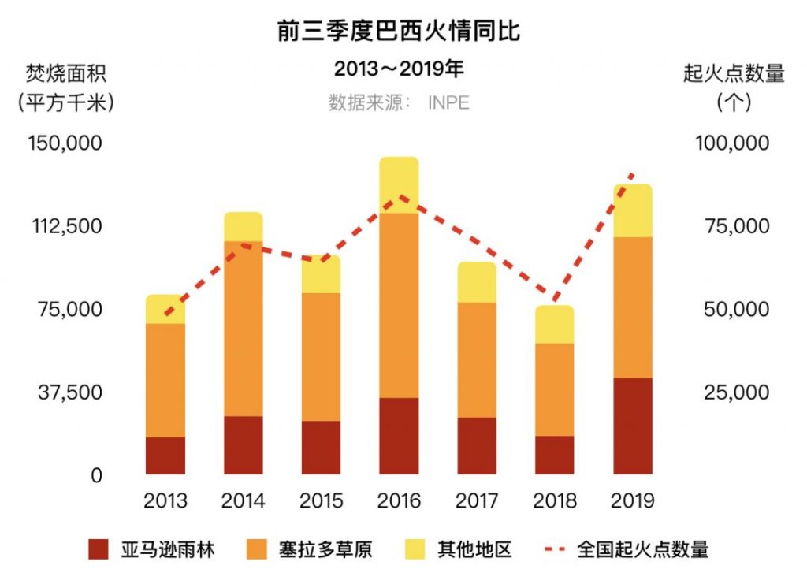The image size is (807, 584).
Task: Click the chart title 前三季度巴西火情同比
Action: click(399, 32)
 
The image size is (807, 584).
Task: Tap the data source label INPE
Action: click(448, 103)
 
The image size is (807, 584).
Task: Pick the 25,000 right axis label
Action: click(736, 392)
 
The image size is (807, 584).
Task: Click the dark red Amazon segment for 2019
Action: click(633, 426)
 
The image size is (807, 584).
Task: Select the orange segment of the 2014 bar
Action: click(244, 328)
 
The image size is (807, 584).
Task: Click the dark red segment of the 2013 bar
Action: click(165, 456)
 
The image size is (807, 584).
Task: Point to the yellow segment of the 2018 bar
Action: click(555, 324)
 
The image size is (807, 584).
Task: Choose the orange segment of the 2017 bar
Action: click(477, 359)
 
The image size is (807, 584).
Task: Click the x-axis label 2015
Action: click(322, 500)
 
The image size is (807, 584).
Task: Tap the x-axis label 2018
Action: click(555, 500)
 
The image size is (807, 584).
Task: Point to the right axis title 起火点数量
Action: click(734, 75)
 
